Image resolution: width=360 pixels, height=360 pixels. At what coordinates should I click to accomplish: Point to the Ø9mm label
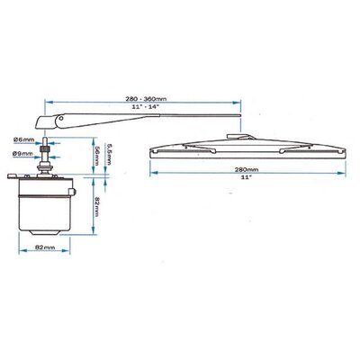(x=22, y=154)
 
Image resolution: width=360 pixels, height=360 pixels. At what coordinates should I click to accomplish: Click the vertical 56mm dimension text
(x=96, y=156)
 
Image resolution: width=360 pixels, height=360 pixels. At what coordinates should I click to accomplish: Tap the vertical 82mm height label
(x=96, y=207)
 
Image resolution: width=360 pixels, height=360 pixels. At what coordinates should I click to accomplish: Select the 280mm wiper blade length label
(x=247, y=169)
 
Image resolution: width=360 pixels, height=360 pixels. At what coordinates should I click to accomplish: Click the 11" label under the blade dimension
(x=247, y=177)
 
